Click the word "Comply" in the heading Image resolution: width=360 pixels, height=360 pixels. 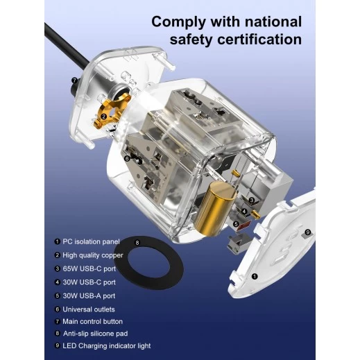[x=178, y=22]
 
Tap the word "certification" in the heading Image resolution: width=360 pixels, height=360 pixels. [x=259, y=40]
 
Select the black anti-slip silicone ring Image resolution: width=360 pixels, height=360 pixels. [x=148, y=263]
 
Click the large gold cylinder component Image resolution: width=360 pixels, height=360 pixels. [x=215, y=209]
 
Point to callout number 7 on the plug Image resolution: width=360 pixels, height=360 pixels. [x=74, y=80]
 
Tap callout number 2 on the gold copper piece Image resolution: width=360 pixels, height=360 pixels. [x=104, y=117]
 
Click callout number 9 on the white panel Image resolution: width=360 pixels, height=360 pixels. [x=308, y=232]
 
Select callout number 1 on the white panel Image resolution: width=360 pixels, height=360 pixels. [x=255, y=276]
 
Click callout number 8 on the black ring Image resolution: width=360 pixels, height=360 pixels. [x=137, y=243]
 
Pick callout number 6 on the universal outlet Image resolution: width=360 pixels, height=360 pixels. [x=127, y=159]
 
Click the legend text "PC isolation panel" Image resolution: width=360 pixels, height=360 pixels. [x=91, y=241]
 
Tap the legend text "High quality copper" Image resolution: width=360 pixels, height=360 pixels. [x=93, y=255]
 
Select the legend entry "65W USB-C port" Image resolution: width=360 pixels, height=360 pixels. [x=89, y=268]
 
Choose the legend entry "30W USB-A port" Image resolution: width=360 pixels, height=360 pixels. [x=89, y=295]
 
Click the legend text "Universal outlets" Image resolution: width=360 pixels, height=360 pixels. [x=89, y=309]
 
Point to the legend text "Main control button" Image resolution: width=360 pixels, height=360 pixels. [x=92, y=321]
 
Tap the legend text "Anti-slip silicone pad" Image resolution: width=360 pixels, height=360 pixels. [x=96, y=334]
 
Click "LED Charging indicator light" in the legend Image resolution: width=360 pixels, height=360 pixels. [x=107, y=345]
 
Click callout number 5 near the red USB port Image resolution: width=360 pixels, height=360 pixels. [x=236, y=224]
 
